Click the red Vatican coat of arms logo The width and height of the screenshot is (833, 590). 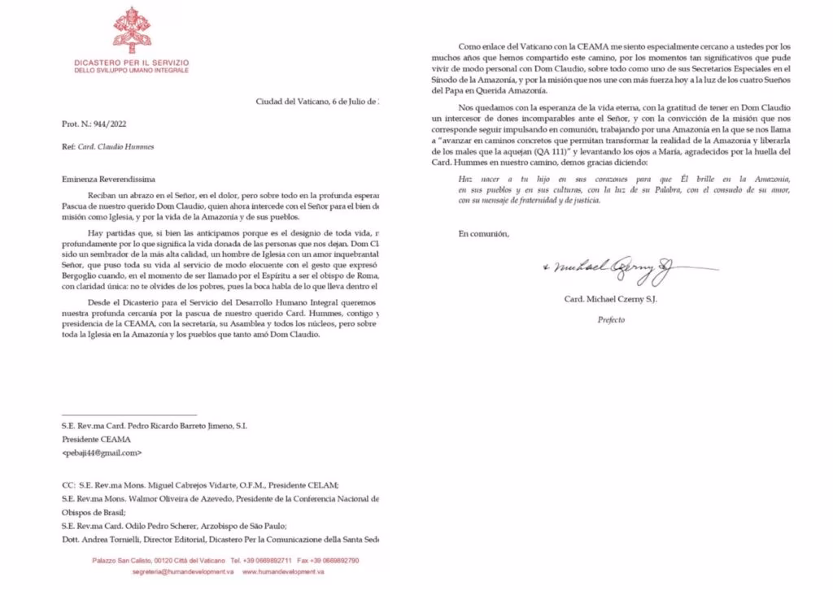click(x=131, y=29)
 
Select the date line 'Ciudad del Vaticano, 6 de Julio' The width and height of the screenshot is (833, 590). click(x=318, y=101)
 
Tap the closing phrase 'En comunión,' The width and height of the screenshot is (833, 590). click(x=483, y=234)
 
